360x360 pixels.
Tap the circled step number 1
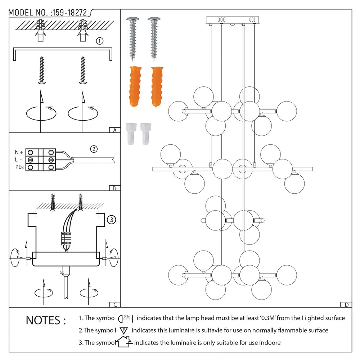click(100, 41)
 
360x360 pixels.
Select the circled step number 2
click(94, 149)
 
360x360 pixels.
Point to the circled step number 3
click(112, 219)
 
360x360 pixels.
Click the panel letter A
click(114, 130)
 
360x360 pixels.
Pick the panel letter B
click(114, 188)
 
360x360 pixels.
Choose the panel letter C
click(114, 305)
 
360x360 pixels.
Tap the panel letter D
click(346, 305)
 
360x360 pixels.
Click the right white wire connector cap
click(145, 134)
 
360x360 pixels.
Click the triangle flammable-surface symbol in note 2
click(124, 330)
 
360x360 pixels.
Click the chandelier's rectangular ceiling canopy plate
click(233, 20)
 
